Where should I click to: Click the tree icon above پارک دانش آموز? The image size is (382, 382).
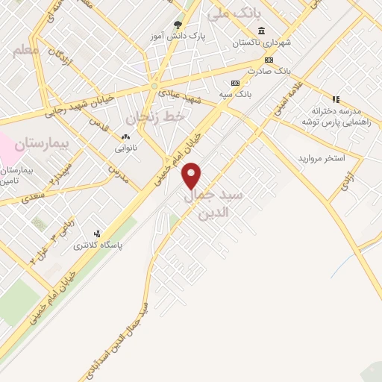coord(177,24)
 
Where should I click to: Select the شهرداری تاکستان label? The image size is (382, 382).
coord(260,43)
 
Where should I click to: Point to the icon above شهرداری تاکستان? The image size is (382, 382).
coord(260,31)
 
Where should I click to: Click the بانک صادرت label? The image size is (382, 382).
coord(269,71)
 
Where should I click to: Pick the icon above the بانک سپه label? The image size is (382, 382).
coord(235,82)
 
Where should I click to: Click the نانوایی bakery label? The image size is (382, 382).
coord(125,148)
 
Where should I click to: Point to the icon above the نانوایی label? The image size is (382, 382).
coord(125,137)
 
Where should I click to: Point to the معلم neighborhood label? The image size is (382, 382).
coord(25,50)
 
